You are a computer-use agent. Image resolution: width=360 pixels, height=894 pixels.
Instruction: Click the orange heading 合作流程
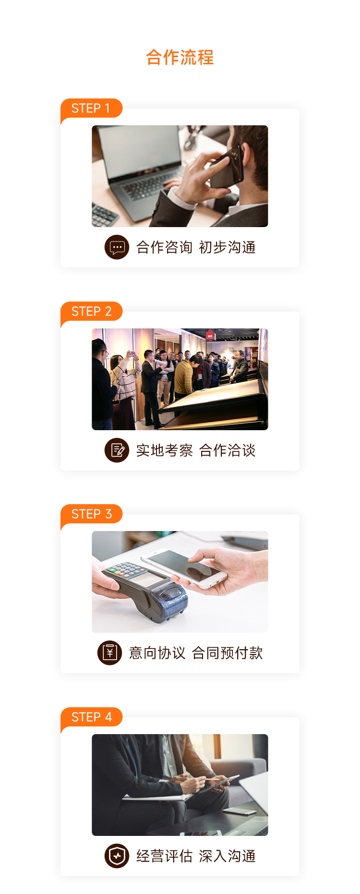click(x=180, y=57)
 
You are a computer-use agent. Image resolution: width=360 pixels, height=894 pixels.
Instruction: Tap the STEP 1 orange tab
click(x=91, y=109)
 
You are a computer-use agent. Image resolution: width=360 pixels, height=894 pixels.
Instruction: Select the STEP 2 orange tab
click(x=91, y=312)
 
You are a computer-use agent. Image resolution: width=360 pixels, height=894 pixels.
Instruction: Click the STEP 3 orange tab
click(x=91, y=514)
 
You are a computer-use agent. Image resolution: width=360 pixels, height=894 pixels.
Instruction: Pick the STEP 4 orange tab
click(x=91, y=717)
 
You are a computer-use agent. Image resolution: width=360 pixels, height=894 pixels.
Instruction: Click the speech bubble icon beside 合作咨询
click(x=117, y=247)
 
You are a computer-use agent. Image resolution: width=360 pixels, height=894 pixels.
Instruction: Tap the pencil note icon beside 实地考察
click(x=117, y=450)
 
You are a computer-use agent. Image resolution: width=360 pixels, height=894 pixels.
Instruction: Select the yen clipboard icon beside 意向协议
click(x=109, y=653)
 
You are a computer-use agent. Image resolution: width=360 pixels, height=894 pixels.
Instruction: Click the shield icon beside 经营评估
click(x=117, y=856)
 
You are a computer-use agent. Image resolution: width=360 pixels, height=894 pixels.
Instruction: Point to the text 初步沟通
click(x=227, y=247)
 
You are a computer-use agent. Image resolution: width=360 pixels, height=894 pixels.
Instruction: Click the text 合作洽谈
click(x=227, y=450)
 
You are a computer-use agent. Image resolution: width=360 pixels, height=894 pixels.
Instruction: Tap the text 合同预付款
click(x=227, y=653)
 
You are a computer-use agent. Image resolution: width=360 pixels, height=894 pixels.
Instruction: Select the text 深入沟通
click(x=227, y=856)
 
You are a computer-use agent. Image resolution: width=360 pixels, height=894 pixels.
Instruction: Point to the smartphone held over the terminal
click(x=183, y=568)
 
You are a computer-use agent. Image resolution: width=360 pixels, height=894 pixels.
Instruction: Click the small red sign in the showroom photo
click(x=210, y=335)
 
